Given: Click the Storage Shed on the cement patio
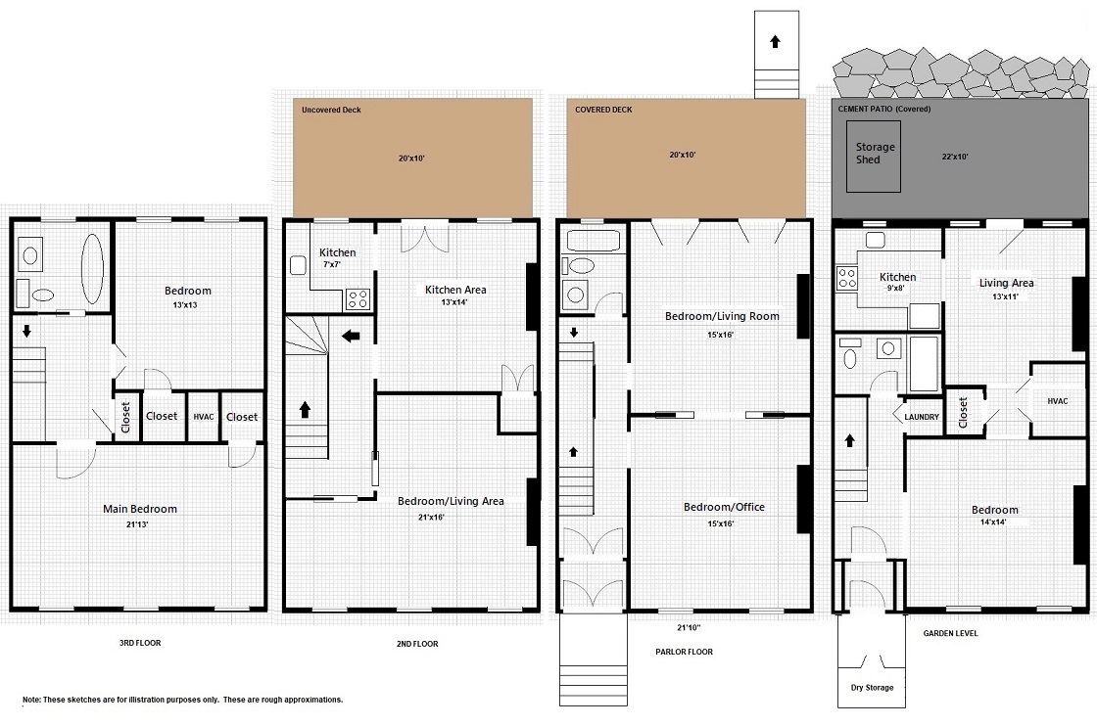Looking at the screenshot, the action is click(873, 156).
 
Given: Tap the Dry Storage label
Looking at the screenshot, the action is click(872, 688).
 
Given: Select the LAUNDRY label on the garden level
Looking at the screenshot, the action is click(922, 417).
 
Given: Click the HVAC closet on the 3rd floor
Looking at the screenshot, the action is click(204, 417).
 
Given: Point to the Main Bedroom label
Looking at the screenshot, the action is click(140, 509).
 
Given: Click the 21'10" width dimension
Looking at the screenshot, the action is click(690, 627).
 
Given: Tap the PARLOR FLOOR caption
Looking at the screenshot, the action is click(685, 652).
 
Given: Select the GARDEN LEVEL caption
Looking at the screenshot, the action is click(950, 633).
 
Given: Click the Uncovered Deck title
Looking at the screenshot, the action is click(332, 110).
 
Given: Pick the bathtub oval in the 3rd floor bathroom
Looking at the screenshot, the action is click(93, 268).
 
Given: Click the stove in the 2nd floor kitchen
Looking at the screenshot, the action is click(358, 299).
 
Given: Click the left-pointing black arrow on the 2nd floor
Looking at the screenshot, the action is click(351, 337).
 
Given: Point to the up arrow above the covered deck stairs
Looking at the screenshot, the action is click(775, 41).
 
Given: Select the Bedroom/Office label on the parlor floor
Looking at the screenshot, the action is click(724, 507).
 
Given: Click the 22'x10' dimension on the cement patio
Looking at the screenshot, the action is click(955, 157).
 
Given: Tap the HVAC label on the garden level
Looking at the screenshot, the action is click(1058, 401).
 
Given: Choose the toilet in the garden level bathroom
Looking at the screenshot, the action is click(850, 353).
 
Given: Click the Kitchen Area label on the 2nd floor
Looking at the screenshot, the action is click(455, 290).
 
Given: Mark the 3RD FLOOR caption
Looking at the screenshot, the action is click(140, 643).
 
